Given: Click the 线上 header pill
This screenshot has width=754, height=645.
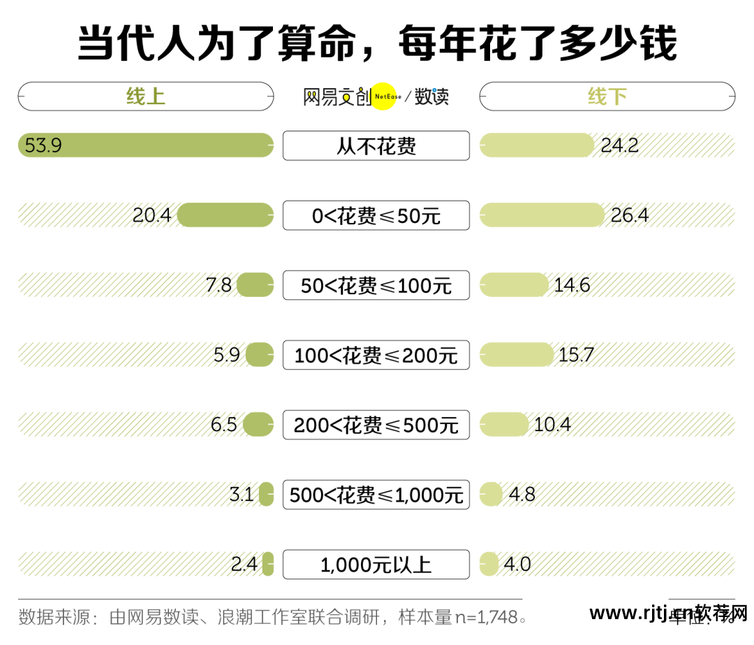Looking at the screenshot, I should click(145, 96).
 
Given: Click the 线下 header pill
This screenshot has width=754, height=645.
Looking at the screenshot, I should click(607, 96).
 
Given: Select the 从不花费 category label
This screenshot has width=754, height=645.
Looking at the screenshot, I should click(376, 145).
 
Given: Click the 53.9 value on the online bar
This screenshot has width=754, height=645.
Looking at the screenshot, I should click(43, 145).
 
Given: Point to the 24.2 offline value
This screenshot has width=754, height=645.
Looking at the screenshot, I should click(619, 145).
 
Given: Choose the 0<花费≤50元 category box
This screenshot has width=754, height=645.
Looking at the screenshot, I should click(376, 215).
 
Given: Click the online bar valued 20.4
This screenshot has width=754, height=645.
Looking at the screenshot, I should click(225, 215).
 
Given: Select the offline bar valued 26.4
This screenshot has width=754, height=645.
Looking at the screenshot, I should click(542, 215).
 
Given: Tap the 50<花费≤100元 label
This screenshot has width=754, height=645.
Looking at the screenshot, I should click(376, 285).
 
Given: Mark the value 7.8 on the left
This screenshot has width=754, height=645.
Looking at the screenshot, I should click(219, 285).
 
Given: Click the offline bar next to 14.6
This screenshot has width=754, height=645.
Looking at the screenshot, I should click(514, 285).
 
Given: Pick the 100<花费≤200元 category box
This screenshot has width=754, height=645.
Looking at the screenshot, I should click(376, 355).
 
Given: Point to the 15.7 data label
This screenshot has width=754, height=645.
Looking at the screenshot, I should click(575, 355).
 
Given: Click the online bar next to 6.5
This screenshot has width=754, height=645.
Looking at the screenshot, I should click(258, 425).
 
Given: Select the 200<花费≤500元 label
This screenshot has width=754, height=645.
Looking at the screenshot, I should click(376, 425).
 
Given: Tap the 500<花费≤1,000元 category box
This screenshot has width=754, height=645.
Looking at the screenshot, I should click(376, 495).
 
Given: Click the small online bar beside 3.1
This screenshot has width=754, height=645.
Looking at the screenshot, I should click(266, 495).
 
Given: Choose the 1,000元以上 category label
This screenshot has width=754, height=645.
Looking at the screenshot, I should click(376, 565).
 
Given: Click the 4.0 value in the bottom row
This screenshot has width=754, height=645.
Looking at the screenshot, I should click(517, 565).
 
